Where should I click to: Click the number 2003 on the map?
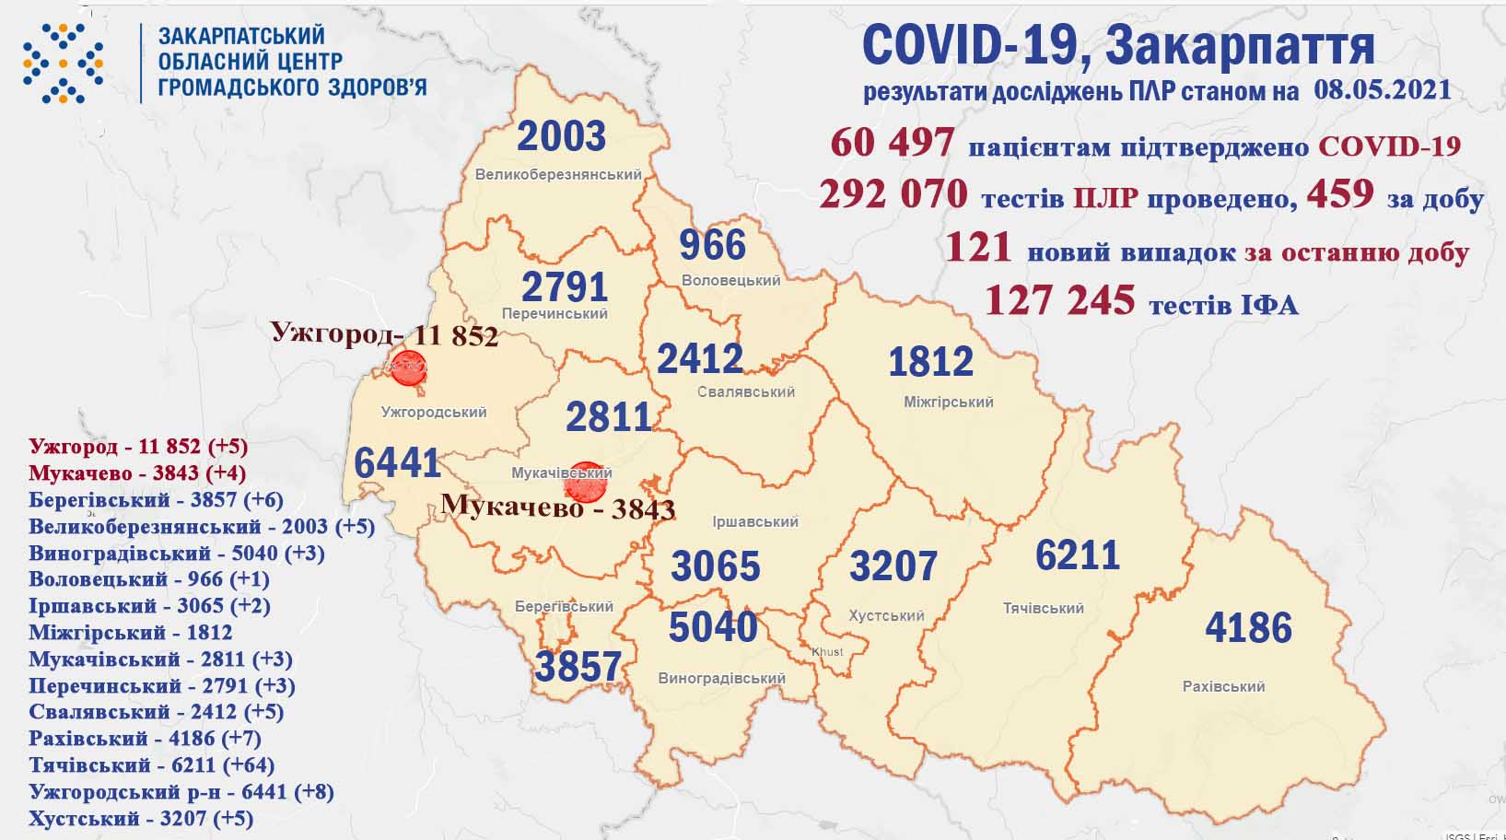coord(561,136)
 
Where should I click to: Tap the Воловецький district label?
coord(730,280)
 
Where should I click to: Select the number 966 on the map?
coord(712,245)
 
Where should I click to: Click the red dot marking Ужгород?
coord(408,367)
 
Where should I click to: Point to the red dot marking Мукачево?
coord(585,482)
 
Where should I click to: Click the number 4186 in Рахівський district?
coord(1248,627)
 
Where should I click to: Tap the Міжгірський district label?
coord(948,402)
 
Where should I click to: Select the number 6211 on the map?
coord(1077,555)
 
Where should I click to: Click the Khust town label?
coord(827,651)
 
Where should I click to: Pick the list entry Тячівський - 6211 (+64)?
coord(152,764)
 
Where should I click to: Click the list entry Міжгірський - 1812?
coord(130,633)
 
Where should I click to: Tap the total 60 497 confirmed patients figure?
coord(892,143)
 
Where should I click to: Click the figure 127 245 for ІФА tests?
coord(1059,300)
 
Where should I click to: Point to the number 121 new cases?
coord(978,248)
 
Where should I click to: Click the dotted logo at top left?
coord(63,63)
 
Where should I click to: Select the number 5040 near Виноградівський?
coord(712,627)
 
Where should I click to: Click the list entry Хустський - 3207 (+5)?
coord(141,818)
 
